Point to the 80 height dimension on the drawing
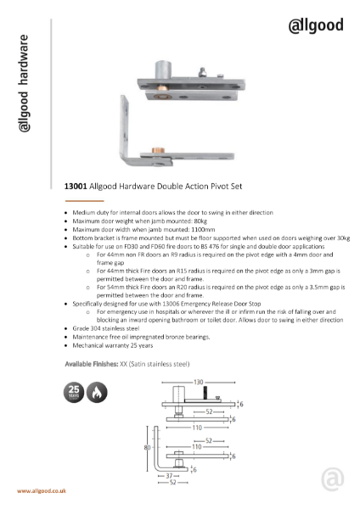click(147, 446)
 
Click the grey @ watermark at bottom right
click(333, 478)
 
